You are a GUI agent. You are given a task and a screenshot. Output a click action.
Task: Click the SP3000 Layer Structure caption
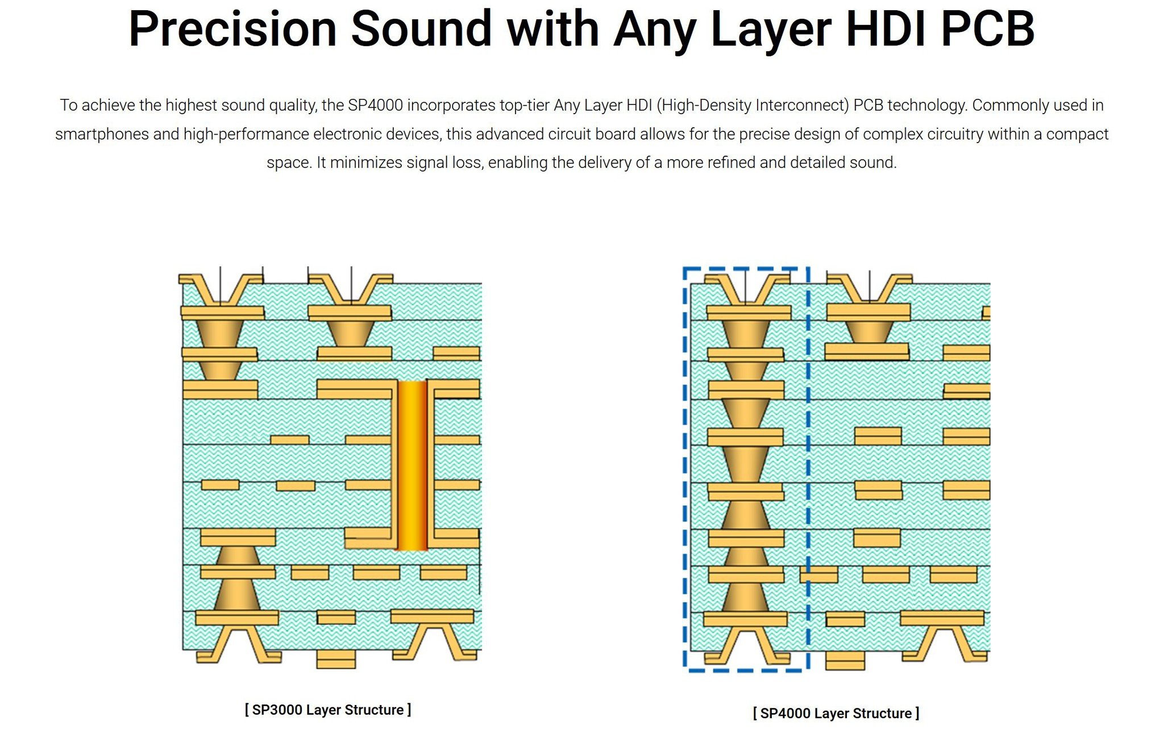328,710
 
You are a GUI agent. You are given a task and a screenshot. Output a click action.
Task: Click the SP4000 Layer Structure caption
836,713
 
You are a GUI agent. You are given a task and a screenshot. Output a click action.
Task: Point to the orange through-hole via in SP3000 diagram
412,465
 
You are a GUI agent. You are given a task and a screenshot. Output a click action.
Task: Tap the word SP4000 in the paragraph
375,105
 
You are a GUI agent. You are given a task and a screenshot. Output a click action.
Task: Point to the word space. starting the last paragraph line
290,163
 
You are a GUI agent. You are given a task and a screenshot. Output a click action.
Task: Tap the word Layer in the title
771,31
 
